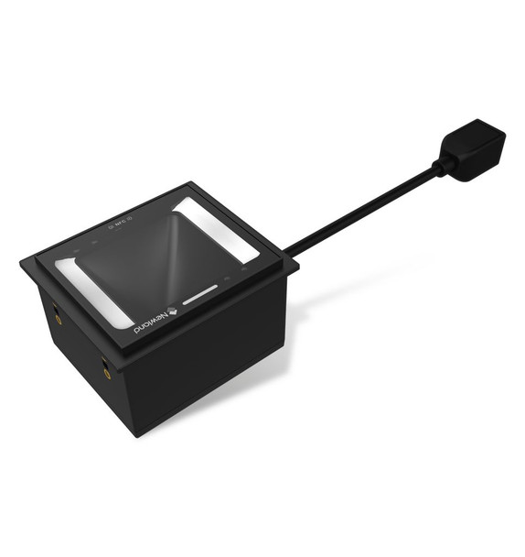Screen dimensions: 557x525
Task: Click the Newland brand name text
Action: point(151,325)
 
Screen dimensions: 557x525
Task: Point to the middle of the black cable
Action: point(366,208)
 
